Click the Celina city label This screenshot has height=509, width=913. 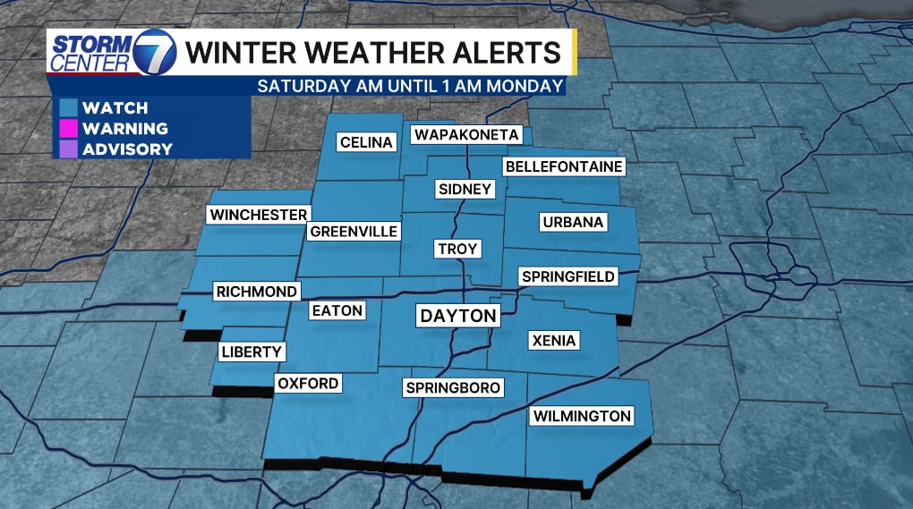pyautogui.click(x=366, y=142)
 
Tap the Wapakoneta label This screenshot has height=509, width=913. pyautogui.click(x=465, y=134)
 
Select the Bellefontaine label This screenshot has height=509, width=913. pyautogui.click(x=564, y=166)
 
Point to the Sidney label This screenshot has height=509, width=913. pyautogui.click(x=465, y=189)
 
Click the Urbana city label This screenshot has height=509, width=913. pyautogui.click(x=574, y=222)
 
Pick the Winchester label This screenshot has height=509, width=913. pyautogui.click(x=258, y=215)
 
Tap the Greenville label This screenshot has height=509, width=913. pyautogui.click(x=354, y=232)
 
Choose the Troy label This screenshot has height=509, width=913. pyautogui.click(x=458, y=249)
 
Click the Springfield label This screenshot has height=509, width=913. pyautogui.click(x=568, y=276)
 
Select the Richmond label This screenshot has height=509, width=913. pyautogui.click(x=256, y=292)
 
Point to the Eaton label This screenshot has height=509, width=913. pyautogui.click(x=337, y=310)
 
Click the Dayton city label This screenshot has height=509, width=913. pyautogui.click(x=458, y=316)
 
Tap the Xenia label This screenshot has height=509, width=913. pyautogui.click(x=554, y=340)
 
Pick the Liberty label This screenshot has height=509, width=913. pyautogui.click(x=252, y=352)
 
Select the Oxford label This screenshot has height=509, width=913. pyautogui.click(x=308, y=384)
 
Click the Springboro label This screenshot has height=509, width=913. pyautogui.click(x=453, y=387)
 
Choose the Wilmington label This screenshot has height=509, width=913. pyautogui.click(x=582, y=416)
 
